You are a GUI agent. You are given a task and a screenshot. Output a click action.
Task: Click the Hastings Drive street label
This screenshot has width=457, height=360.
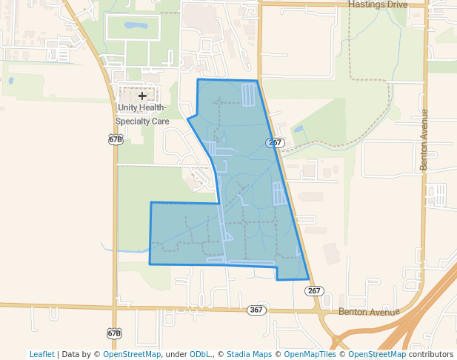[378, 4]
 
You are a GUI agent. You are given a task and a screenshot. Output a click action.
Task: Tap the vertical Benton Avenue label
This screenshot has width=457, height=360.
[425, 140]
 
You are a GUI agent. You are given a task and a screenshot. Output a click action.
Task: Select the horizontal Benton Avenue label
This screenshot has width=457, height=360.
[368, 312]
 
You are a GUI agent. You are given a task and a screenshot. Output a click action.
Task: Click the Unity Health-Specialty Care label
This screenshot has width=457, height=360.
[144, 114]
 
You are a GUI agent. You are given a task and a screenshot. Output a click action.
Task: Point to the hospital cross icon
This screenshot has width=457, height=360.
[142, 96]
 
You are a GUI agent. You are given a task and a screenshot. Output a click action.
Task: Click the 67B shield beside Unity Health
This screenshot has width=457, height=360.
[115, 139]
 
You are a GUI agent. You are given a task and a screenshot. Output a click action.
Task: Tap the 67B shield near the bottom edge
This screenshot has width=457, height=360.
[113, 333]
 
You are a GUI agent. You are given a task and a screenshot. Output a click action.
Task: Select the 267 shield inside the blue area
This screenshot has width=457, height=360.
[274, 142]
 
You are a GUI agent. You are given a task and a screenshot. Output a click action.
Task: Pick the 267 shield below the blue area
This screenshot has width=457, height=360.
[314, 291]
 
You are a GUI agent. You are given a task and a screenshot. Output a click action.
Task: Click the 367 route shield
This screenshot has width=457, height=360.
[256, 310]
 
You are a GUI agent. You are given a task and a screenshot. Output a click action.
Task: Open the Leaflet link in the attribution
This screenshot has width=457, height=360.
[41, 355]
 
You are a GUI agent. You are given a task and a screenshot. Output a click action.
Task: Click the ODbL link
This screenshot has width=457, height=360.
[201, 355]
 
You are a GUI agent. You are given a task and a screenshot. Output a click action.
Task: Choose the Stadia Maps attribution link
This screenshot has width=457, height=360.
[249, 355]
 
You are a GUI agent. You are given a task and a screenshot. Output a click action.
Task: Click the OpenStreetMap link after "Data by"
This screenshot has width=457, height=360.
[132, 355]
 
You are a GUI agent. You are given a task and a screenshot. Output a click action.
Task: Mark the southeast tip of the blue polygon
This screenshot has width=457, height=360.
[308, 279]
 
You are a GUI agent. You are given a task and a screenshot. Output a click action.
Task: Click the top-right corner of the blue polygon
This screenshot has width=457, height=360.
[257, 81]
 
